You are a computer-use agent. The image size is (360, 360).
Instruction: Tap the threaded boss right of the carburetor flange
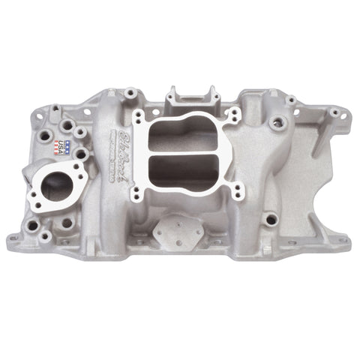279,121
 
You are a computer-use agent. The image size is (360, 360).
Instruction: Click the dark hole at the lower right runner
271,219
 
